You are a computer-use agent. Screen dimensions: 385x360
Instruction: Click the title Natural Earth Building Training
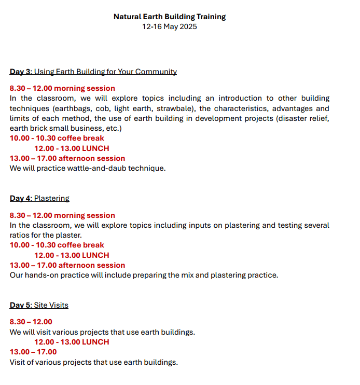pos(170,17)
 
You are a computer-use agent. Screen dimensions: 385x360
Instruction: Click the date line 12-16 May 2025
pos(170,26)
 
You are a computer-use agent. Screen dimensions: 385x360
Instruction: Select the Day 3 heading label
pos(21,72)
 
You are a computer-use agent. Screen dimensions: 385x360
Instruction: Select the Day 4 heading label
pos(21,198)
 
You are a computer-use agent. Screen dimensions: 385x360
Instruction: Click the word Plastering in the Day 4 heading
pos(52,198)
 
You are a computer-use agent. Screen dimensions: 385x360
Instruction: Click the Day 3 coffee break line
pos(57,139)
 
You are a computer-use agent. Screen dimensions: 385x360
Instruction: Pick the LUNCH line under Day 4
pos(72,255)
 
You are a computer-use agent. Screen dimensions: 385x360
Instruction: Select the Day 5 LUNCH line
pos(72,342)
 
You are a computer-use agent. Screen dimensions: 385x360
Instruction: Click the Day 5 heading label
pos(21,305)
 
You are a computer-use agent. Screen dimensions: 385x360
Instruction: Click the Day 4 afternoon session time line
pos(67,265)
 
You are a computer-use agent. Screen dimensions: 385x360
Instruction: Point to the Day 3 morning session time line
pos(62,88)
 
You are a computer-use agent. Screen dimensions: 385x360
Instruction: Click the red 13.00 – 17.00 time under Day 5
pos(33,352)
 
